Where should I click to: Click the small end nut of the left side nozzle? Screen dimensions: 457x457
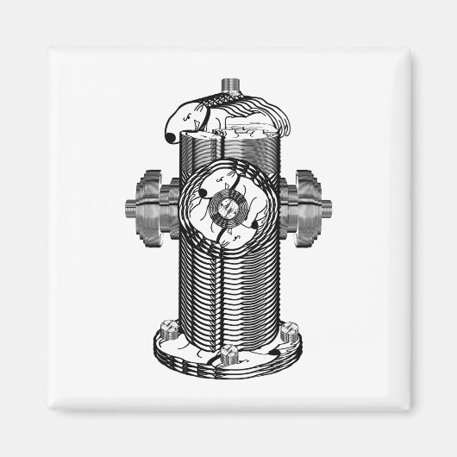coord(128,207)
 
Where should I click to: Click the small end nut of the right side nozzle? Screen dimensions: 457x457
coord(326,207)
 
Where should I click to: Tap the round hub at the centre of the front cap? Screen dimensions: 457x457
coord(228,208)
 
